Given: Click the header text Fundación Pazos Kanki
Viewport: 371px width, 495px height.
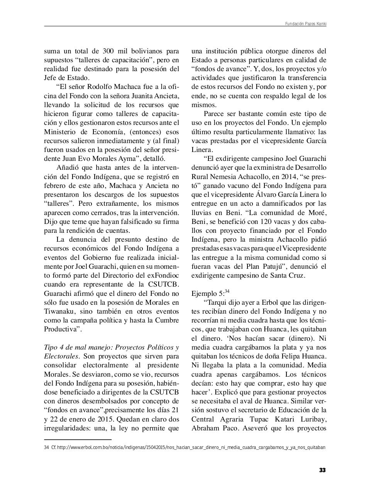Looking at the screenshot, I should click(x=305, y=24).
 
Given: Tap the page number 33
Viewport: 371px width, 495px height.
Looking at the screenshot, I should click(x=322, y=470).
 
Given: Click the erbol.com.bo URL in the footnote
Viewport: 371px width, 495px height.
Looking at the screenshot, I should click(x=191, y=447).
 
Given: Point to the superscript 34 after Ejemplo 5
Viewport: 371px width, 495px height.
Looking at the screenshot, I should click(x=227, y=291).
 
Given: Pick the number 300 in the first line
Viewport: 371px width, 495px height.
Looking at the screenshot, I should click(x=108, y=51).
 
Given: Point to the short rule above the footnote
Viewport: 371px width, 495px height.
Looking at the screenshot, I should click(x=78, y=440).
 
